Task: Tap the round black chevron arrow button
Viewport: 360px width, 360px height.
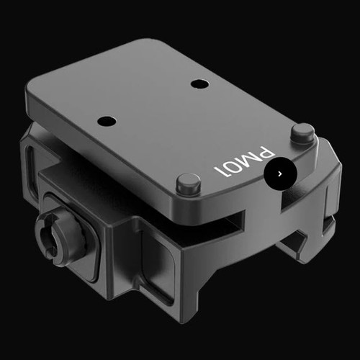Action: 279,174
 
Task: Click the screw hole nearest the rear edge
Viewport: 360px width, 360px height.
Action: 199,84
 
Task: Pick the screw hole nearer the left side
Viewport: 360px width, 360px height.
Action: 107,120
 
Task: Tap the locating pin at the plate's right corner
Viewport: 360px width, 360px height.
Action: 302,132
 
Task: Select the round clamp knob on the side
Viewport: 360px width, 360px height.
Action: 60,238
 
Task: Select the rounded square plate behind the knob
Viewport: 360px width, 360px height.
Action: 76,234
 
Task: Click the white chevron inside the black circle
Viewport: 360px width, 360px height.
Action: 279,174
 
